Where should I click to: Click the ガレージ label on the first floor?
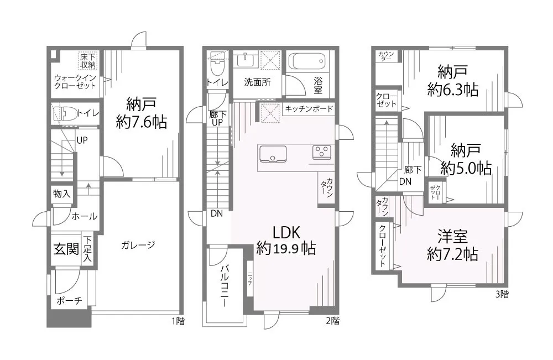[136, 244]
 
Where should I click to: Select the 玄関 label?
[66, 249]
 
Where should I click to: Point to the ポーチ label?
[70, 301]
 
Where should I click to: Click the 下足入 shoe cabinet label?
[88, 251]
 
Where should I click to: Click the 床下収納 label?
[88, 61]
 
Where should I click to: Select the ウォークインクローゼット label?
[75, 82]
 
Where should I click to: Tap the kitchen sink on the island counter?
[272, 154]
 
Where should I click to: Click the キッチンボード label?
[309, 109]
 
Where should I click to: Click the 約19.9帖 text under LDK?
[286, 249]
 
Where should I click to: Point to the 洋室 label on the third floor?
[452, 236]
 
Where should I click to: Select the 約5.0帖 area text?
[466, 168]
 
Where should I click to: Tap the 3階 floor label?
[502, 295]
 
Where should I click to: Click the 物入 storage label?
[61, 194]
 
